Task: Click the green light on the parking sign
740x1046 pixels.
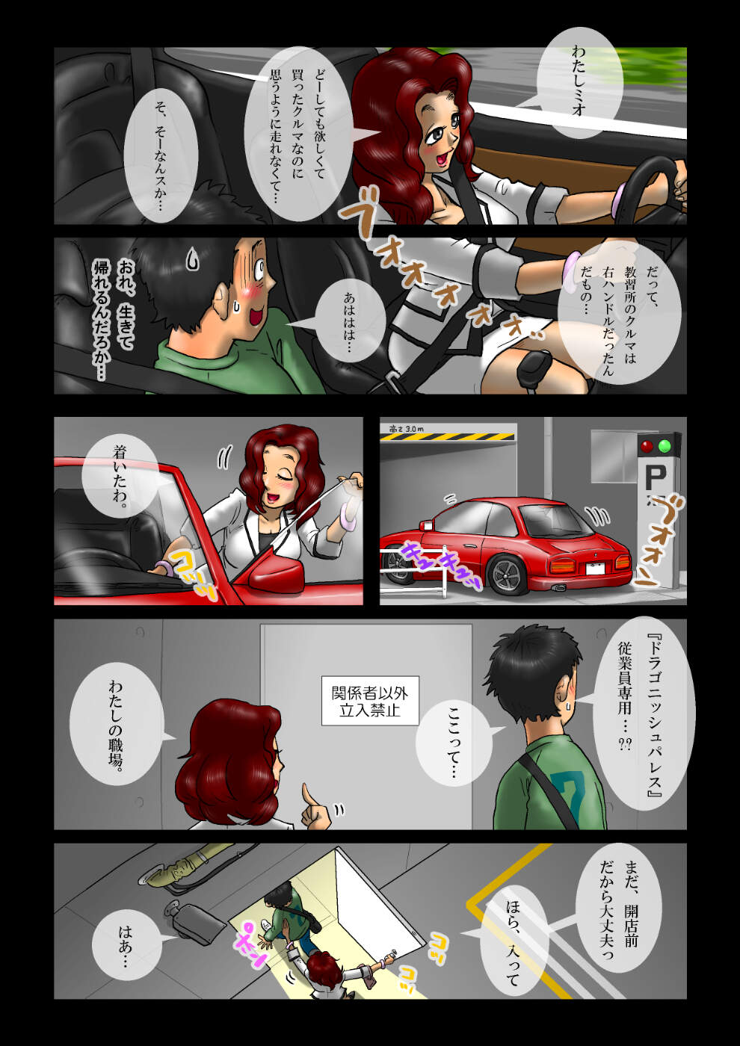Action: click(664, 446)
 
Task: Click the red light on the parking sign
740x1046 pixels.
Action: click(647, 446)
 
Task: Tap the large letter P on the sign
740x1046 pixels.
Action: click(655, 478)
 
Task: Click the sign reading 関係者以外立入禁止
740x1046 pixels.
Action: click(370, 701)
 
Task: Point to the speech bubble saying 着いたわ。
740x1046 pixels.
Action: click(120, 476)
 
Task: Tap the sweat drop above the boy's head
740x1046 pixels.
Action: click(192, 259)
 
